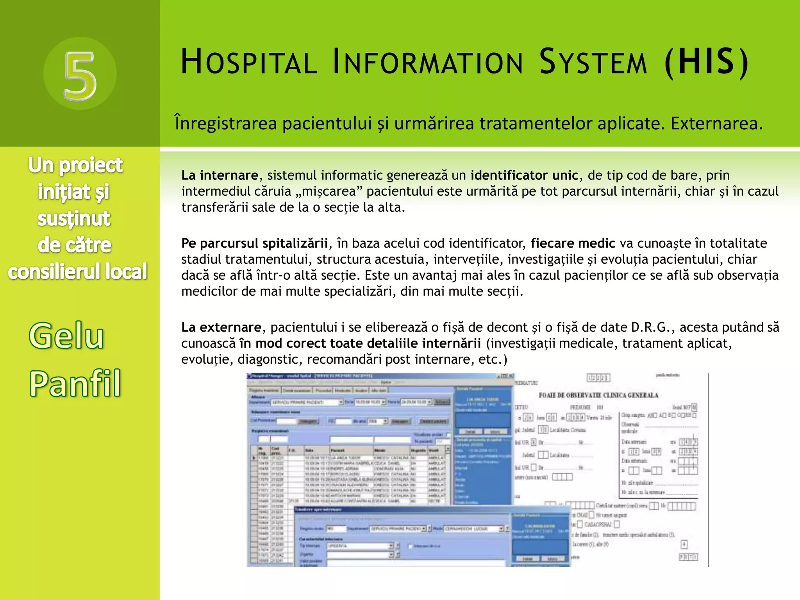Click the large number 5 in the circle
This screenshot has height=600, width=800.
80,74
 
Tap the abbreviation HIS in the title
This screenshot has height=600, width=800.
706,61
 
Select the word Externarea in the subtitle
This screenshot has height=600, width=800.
716,123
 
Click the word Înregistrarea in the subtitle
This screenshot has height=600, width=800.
226,123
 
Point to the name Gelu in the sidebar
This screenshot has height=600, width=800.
66,336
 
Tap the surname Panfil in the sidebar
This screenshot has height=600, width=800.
75,383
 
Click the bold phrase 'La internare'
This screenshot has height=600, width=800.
220,175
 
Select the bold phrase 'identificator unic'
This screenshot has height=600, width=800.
524,175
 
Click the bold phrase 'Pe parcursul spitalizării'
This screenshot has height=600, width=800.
254,243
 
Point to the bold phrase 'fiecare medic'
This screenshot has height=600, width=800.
573,243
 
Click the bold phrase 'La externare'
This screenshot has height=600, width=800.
221,327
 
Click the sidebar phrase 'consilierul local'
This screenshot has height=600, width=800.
77,271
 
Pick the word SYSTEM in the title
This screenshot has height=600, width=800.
593,62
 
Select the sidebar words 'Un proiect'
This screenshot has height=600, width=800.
75,165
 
